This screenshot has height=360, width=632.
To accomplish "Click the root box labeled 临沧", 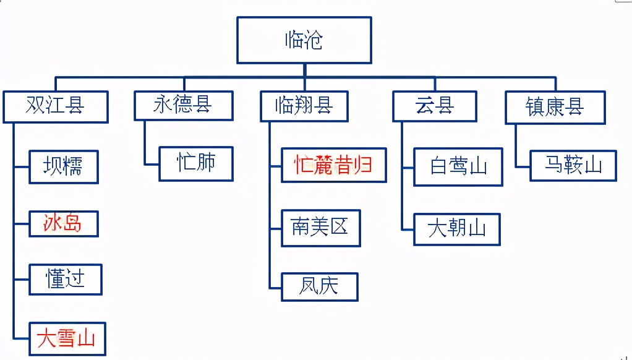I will [x=304, y=40].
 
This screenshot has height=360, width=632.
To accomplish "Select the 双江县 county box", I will [x=56, y=106].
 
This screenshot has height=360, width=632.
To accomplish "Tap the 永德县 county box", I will [x=184, y=105].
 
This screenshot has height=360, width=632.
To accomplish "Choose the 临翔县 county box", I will [x=304, y=106].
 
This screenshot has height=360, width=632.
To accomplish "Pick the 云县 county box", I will [x=435, y=106].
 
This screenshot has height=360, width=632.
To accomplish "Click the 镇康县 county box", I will [x=555, y=106].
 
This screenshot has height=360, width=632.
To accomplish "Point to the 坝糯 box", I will [x=64, y=166].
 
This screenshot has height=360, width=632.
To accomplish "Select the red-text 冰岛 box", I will [x=64, y=223].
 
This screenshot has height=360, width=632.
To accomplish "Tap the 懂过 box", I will [x=66, y=279].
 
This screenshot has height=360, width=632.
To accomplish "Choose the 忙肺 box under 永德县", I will [x=196, y=164].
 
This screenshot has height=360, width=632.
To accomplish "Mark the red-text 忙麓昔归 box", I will [x=334, y=165].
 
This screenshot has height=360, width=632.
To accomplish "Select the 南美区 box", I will [x=320, y=228].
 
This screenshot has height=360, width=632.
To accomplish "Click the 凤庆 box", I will [x=320, y=286].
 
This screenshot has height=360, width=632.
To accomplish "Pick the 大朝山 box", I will [x=457, y=229].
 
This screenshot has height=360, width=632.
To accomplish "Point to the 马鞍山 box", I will [x=573, y=165].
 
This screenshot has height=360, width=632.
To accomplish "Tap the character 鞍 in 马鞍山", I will [x=573, y=165].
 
